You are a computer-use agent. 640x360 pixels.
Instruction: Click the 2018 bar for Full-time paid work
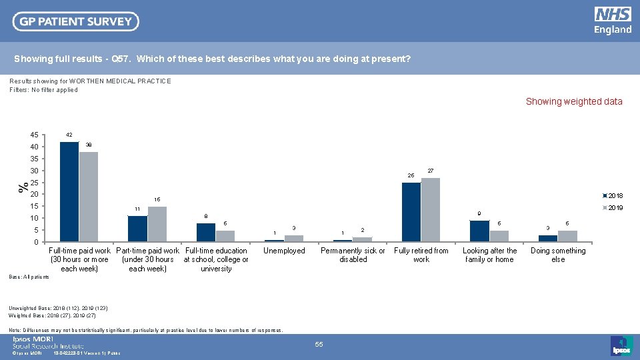tap(69, 192)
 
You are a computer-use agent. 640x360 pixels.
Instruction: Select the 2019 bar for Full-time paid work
tap(89, 197)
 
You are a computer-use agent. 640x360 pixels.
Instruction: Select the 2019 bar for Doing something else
tap(567, 236)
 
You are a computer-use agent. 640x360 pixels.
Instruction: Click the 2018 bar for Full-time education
tap(206, 232)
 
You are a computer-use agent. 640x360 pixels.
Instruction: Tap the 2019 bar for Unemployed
tap(294, 238)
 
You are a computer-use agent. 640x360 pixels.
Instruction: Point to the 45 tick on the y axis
tap(34, 135)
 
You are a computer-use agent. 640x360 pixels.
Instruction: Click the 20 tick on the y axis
tap(34, 195)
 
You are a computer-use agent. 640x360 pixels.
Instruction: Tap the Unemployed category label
tap(284, 251)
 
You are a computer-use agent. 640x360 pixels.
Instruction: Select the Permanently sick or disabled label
tap(353, 255)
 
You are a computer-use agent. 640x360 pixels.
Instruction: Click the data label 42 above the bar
tap(69, 135)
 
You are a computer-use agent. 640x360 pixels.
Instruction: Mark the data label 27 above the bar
tap(431, 171)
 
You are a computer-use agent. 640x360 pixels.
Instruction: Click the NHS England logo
tap(612, 21)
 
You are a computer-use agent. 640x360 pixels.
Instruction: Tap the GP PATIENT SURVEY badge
tap(76, 21)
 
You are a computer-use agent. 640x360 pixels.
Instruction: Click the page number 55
tap(319, 344)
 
